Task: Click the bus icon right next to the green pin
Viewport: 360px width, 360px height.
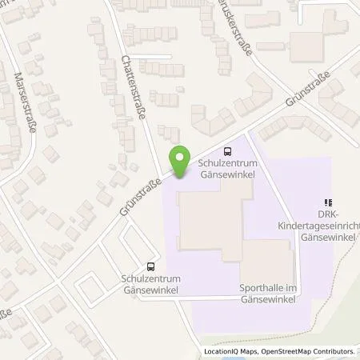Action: pyautogui.click(x=229, y=150)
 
